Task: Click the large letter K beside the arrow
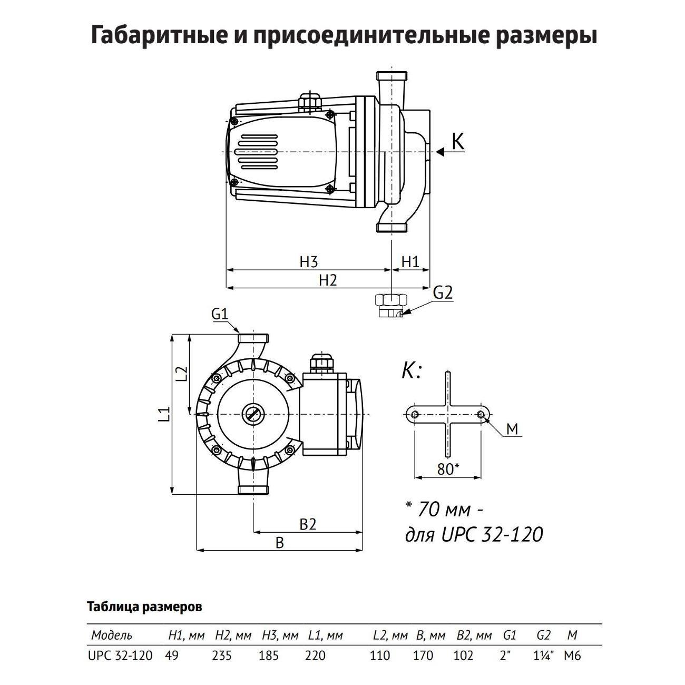(458, 142)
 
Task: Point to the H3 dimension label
(309, 261)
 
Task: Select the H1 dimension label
(410, 261)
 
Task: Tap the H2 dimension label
(327, 280)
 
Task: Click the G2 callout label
(443, 292)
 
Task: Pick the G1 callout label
(219, 314)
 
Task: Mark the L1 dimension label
(165, 414)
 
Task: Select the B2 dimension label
(308, 524)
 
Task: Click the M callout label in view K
(512, 429)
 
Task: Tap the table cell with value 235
(221, 655)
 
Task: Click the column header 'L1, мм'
(325, 635)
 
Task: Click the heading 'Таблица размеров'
(144, 607)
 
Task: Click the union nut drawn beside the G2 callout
(390, 305)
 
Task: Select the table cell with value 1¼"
(543, 655)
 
